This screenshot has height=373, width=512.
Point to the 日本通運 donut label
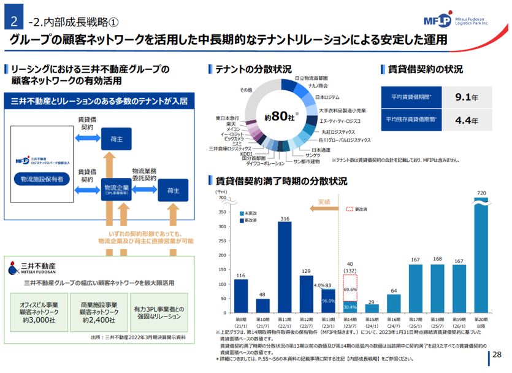coord(321,150)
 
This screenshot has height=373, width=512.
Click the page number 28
coord(497,354)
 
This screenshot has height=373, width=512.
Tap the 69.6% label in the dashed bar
coord(350,288)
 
